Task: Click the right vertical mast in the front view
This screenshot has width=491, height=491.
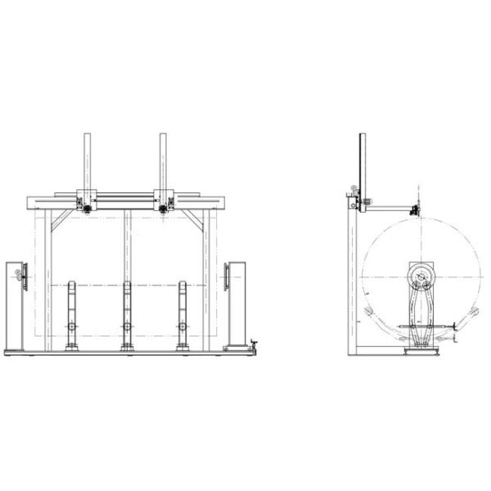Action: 164,161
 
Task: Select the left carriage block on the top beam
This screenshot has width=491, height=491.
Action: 86,201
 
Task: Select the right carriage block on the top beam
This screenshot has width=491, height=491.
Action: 164,201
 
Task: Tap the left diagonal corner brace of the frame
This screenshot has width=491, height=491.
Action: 60,219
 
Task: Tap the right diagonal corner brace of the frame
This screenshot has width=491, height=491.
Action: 195,219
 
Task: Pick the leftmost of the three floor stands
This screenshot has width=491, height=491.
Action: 73,315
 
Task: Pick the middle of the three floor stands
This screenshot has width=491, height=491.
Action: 127,315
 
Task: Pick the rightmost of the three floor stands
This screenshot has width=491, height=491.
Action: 182,315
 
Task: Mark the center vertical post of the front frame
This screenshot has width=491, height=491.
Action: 127,245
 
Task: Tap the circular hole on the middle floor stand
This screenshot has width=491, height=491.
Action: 127,327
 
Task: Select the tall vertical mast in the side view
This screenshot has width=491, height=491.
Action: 362,164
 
